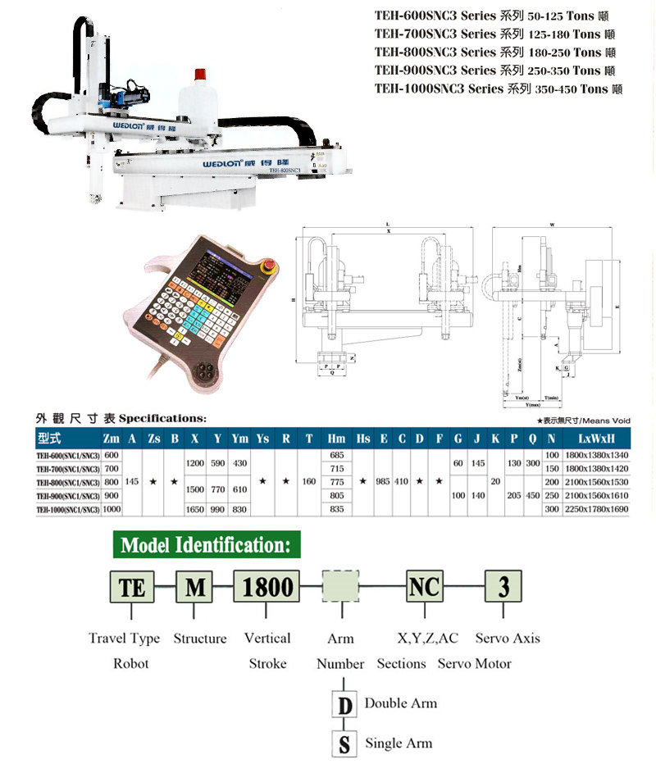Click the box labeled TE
coord(131,587)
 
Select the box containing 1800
coord(268,587)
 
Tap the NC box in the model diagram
coord(424,587)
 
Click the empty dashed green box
coord(341,587)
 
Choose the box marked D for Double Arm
coord(344,704)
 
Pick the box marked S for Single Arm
coord(344,744)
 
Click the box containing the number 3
coord(504,587)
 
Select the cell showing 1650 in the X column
coord(196,509)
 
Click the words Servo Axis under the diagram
coord(508,638)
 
